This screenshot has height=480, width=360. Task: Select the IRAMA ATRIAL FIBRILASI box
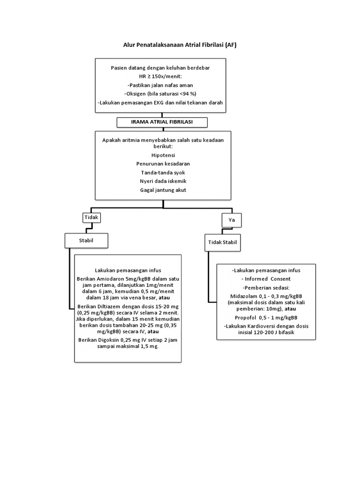pyautogui.click(x=162, y=122)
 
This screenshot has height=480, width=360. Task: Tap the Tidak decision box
pyautogui.click(x=92, y=217)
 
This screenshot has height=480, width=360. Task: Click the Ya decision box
pyautogui.click(x=231, y=220)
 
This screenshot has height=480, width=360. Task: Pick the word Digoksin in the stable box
pyautogui.click(x=107, y=340)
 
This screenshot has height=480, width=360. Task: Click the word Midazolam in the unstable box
pyautogui.click(x=246, y=296)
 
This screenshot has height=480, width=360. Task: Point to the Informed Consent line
pyautogui.click(x=266, y=279)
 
